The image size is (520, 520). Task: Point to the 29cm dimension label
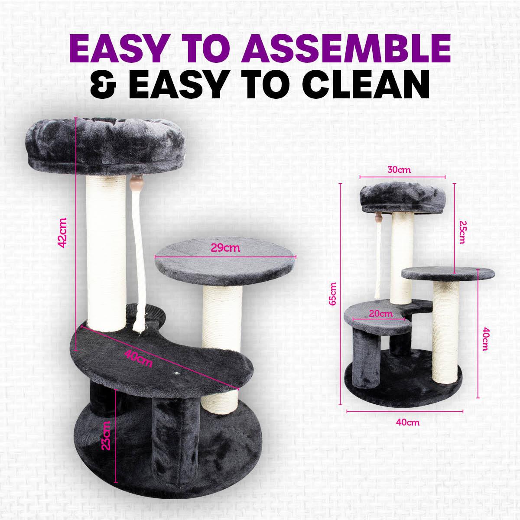[x=225, y=248]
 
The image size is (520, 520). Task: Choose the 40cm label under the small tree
[x=407, y=422]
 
